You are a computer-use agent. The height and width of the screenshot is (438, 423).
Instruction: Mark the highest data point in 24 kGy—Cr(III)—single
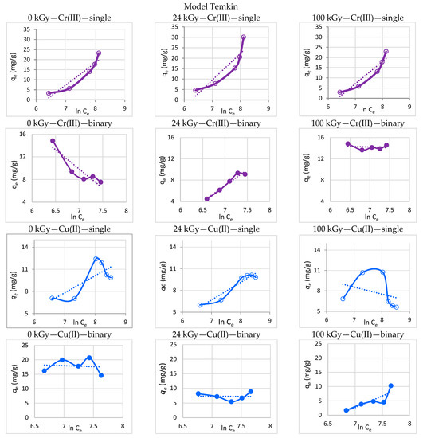coord(244,37)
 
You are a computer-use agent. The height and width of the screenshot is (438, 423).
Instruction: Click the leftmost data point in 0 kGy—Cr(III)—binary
coord(53,141)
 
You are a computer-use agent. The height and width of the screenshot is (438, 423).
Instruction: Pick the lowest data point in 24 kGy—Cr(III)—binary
coord(207,198)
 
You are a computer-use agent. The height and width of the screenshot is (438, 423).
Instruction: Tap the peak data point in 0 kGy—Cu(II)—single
coord(96,259)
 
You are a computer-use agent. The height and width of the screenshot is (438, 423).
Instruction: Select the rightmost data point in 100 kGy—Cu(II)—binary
coord(390,386)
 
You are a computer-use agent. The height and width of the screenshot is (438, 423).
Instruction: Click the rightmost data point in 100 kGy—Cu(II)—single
coord(396,307)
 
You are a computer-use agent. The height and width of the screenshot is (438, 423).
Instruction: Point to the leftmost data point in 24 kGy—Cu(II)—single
coord(200,305)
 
